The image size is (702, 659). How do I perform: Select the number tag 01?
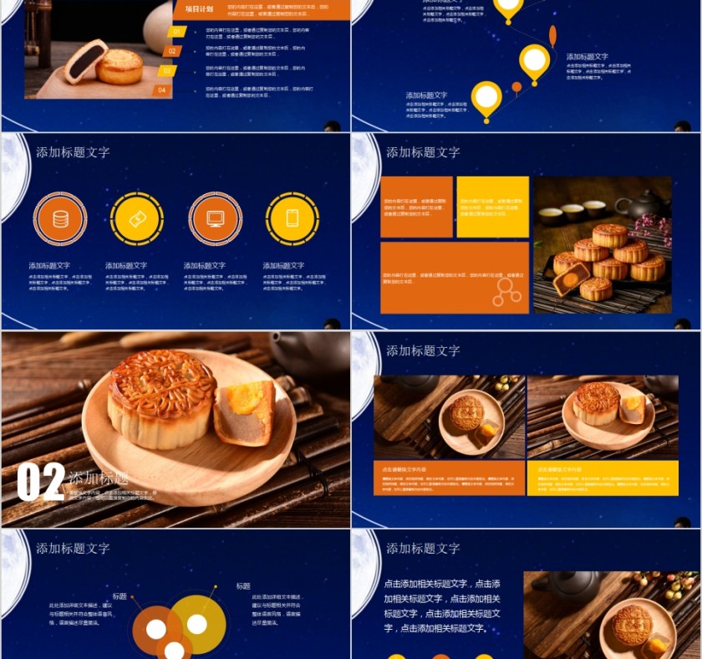tap(176, 33)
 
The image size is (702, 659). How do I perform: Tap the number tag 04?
tap(162, 89)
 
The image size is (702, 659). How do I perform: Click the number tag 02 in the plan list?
tap(171, 51)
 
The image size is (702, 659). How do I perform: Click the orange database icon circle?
tap(60, 218)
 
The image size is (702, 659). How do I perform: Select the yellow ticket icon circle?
tap(137, 218)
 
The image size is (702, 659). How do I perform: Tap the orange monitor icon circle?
tap(215, 218)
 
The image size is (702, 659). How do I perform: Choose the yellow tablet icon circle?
tap(292, 218)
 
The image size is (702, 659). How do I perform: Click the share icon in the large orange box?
tap(505, 291)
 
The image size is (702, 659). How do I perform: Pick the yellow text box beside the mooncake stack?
tap(492, 207)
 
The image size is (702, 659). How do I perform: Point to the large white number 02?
tap(41, 482)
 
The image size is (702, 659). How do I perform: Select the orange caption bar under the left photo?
tap(449, 478)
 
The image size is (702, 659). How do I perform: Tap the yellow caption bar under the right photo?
tap(602, 478)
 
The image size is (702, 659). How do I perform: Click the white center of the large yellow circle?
tap(197, 624)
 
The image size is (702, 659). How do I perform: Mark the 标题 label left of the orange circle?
tap(120, 596)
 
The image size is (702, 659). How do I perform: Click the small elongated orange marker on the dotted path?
tap(552, 35)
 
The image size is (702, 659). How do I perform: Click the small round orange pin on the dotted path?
tap(516, 86)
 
